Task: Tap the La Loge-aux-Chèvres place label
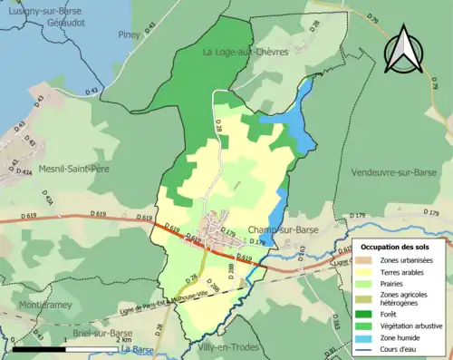coord(246,52)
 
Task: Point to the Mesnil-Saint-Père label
coord(74,167)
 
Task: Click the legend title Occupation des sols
coord(397,248)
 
